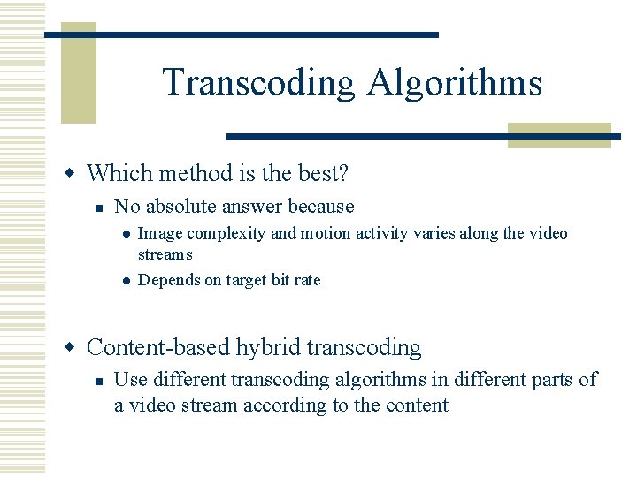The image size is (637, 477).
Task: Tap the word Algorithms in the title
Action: [x=454, y=83]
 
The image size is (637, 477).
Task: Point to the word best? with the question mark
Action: [x=320, y=173]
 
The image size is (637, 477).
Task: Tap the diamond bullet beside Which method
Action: [x=76, y=173]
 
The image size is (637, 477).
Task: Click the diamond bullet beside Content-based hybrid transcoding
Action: [x=76, y=347]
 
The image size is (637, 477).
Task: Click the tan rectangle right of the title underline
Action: [x=559, y=133]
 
